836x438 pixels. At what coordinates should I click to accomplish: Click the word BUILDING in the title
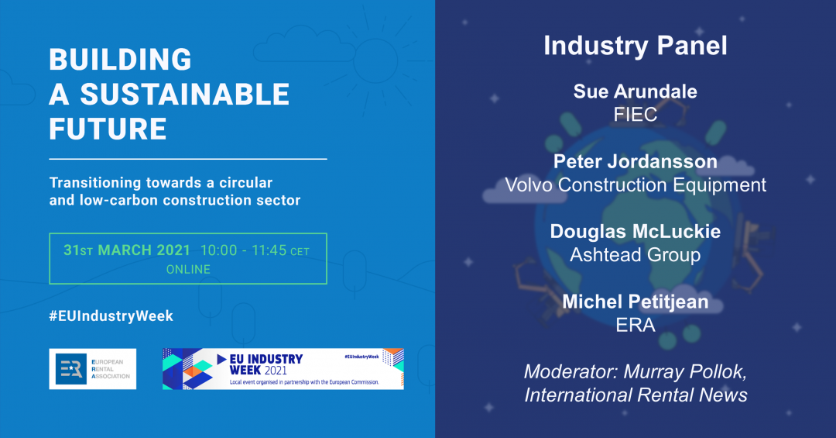pyautogui.click(x=121, y=59)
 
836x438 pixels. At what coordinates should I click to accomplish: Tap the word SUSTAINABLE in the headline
pyautogui.click(x=185, y=95)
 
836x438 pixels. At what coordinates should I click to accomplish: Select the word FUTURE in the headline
pyautogui.click(x=108, y=129)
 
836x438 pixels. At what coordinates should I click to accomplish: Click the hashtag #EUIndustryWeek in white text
pyautogui.click(x=111, y=316)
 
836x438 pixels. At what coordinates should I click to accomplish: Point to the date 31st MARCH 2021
pyautogui.click(x=127, y=250)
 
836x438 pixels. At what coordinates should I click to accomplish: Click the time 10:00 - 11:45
pyautogui.click(x=244, y=250)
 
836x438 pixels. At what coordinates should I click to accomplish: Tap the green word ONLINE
pyautogui.click(x=188, y=269)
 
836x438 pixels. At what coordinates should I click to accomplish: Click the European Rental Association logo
pyautogui.click(x=93, y=369)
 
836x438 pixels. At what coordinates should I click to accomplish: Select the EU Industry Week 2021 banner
pyautogui.click(x=283, y=369)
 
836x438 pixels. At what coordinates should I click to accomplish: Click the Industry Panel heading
pyautogui.click(x=636, y=46)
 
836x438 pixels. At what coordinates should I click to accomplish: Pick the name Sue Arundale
pyautogui.click(x=636, y=91)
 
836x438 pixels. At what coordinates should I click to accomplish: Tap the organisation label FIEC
pyautogui.click(x=636, y=114)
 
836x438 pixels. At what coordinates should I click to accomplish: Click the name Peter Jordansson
pyautogui.click(x=636, y=161)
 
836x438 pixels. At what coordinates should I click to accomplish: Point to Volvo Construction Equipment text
pyautogui.click(x=636, y=185)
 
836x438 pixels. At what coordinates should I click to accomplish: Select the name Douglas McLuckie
pyautogui.click(x=636, y=231)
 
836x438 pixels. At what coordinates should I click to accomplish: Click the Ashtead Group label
pyautogui.click(x=636, y=255)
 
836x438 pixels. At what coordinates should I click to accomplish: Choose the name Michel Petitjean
pyautogui.click(x=636, y=302)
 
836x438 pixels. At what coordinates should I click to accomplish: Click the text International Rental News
pyautogui.click(x=636, y=395)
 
